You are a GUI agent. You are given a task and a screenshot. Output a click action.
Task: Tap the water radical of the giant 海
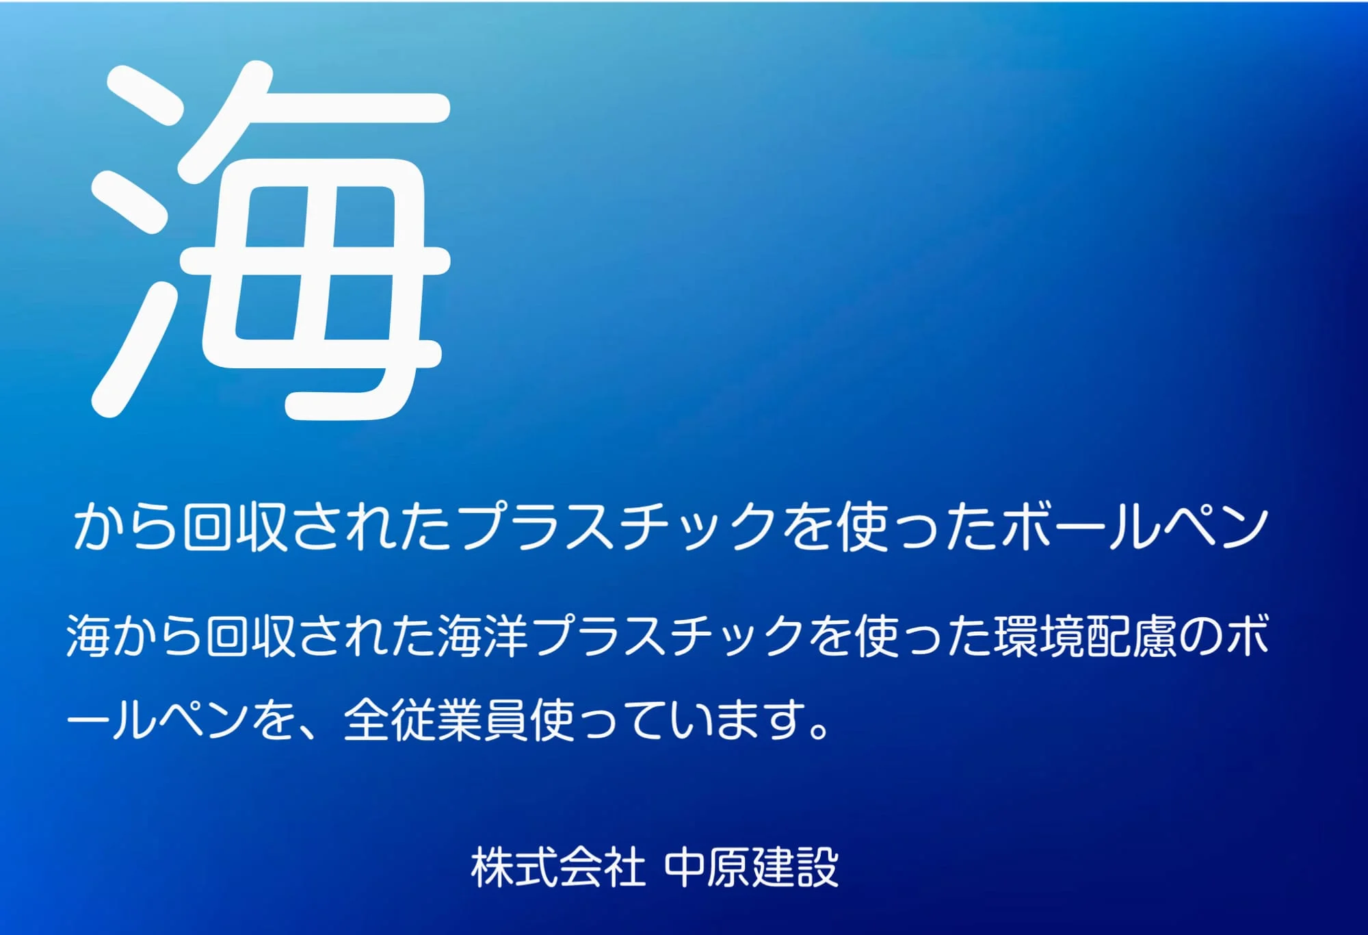click(133, 240)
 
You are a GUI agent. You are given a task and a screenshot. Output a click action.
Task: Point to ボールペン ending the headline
click(1135, 527)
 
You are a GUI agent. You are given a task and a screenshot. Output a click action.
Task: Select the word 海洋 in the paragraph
click(483, 635)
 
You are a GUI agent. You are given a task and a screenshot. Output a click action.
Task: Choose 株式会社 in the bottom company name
click(558, 867)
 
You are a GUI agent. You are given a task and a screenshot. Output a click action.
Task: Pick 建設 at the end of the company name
click(795, 867)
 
